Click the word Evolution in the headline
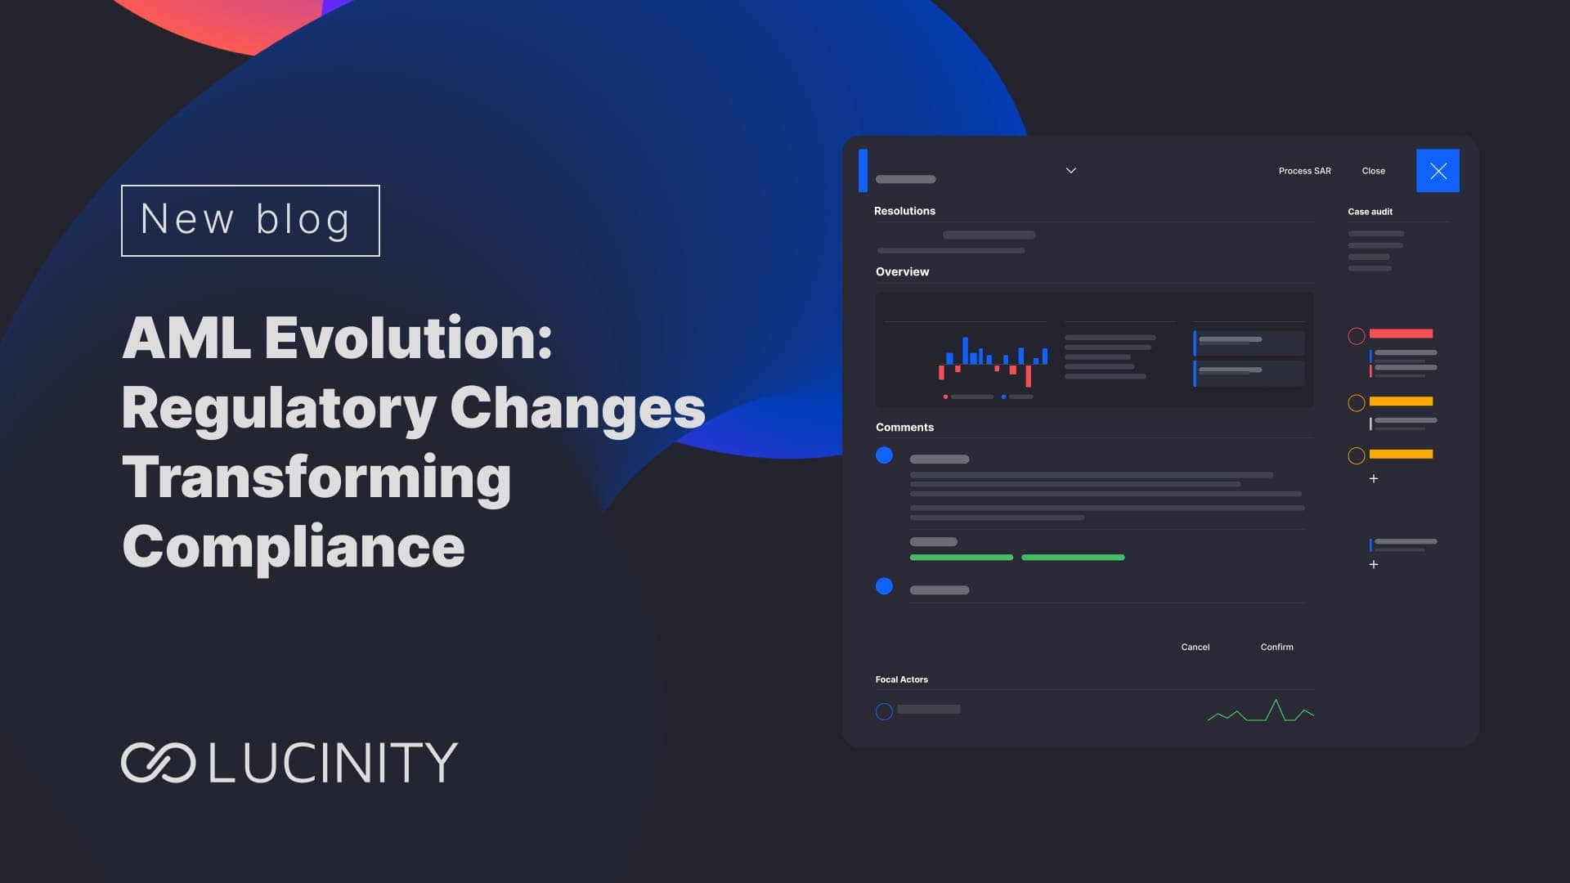(x=408, y=338)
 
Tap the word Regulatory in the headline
(x=279, y=409)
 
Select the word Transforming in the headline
(x=316, y=478)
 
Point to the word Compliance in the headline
(x=294, y=546)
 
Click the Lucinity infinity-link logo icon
(x=158, y=763)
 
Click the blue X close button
(x=1438, y=171)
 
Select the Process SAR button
(x=1305, y=171)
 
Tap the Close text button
(x=1374, y=171)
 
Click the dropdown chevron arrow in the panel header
(x=1071, y=170)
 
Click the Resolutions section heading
(x=904, y=211)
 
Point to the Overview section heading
(x=903, y=271)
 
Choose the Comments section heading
(x=904, y=427)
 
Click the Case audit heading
(x=1370, y=212)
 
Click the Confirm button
(x=1277, y=647)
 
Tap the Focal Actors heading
(x=902, y=679)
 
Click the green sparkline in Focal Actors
(x=1261, y=711)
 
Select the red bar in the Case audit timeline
(x=1401, y=334)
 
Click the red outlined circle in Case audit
(x=1357, y=336)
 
